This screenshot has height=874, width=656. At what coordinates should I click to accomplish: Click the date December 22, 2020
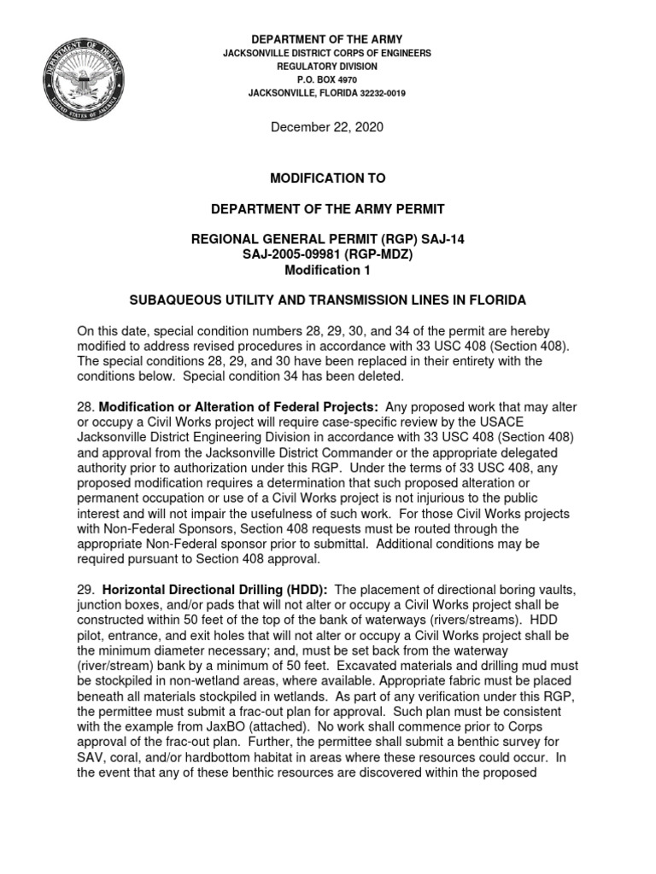(327, 127)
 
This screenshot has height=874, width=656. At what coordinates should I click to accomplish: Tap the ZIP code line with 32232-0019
(327, 93)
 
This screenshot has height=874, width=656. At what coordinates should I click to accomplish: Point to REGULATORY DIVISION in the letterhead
(327, 66)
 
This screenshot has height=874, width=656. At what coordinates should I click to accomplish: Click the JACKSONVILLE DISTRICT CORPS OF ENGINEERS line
(327, 53)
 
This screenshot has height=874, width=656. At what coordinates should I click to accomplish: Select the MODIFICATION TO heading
(327, 178)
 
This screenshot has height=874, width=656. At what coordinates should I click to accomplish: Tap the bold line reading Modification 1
(327, 270)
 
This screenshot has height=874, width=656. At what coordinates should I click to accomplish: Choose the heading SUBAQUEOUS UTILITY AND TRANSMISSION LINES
(327, 300)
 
